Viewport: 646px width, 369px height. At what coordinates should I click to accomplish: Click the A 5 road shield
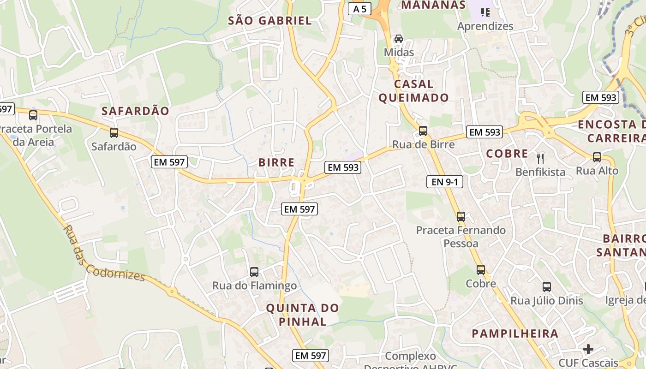coord(359,8)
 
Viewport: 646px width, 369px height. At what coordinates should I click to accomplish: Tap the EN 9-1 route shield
coord(444,182)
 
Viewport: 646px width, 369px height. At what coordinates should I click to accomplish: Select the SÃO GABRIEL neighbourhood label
coord(270,20)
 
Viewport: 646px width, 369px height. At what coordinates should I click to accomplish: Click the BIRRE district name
coord(276,162)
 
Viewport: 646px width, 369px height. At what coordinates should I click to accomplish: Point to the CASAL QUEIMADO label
coord(413,91)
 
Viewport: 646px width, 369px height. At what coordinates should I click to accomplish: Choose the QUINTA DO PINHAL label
coord(303,315)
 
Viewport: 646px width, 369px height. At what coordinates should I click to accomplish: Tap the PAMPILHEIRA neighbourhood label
coord(515,333)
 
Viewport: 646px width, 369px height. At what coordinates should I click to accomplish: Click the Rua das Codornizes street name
coord(104,253)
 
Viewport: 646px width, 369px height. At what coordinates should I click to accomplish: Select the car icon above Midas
coord(399,39)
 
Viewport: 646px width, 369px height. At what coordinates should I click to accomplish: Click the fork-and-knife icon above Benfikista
coord(540,159)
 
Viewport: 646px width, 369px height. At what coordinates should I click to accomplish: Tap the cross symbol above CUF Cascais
coord(588,349)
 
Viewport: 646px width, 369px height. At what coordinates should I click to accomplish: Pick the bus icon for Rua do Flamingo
coord(254,272)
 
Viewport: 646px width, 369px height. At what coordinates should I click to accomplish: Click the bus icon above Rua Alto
coord(597,157)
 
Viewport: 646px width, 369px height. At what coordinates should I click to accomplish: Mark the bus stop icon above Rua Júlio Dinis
coord(547,287)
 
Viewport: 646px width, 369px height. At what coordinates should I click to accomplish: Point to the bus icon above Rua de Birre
coord(423,131)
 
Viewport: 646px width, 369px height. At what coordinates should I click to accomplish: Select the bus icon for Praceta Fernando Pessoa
coord(461,216)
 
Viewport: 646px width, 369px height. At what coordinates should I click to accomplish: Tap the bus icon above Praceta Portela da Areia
coord(33,115)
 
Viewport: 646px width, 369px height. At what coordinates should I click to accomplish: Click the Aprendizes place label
coord(485,26)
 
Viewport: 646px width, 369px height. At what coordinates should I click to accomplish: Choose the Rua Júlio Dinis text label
coord(547,301)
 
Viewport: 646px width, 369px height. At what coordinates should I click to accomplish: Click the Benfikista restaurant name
coord(540,172)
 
